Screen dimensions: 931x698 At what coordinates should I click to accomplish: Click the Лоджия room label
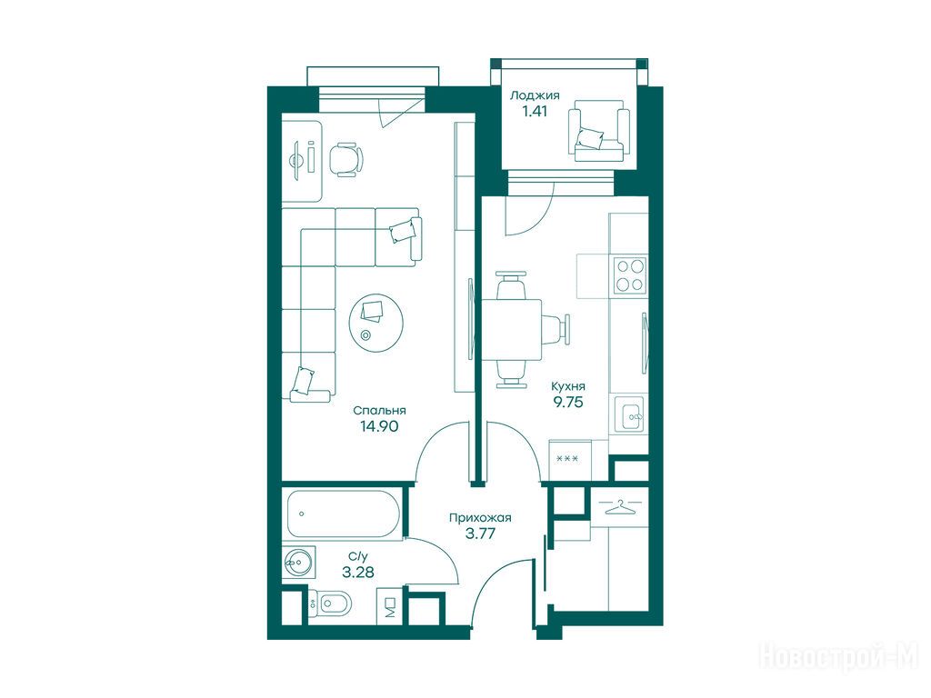click(x=535, y=95)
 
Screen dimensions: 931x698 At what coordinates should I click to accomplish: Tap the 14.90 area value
click(x=379, y=425)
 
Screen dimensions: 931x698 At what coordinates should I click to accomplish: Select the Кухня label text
click(x=568, y=386)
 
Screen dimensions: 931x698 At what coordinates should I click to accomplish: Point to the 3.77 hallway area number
click(x=480, y=533)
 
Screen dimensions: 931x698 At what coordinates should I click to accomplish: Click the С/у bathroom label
click(x=358, y=557)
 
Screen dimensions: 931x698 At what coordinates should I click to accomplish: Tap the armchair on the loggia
click(x=598, y=131)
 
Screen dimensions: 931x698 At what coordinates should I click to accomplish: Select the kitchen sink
click(x=629, y=414)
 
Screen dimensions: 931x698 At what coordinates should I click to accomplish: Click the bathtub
click(x=343, y=514)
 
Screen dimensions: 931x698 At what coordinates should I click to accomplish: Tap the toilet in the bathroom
click(x=329, y=604)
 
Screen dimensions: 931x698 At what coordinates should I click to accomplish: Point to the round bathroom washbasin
click(x=297, y=560)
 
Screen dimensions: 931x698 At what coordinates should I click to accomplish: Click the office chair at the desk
click(x=345, y=158)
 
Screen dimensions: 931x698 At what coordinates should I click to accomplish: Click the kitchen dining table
click(x=512, y=331)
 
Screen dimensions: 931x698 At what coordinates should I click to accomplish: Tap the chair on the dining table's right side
click(x=557, y=328)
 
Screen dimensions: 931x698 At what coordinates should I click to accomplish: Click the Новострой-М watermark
click(x=839, y=658)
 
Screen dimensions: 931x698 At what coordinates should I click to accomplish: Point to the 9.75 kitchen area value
click(x=568, y=402)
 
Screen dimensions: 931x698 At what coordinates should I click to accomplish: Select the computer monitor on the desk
click(x=295, y=158)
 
